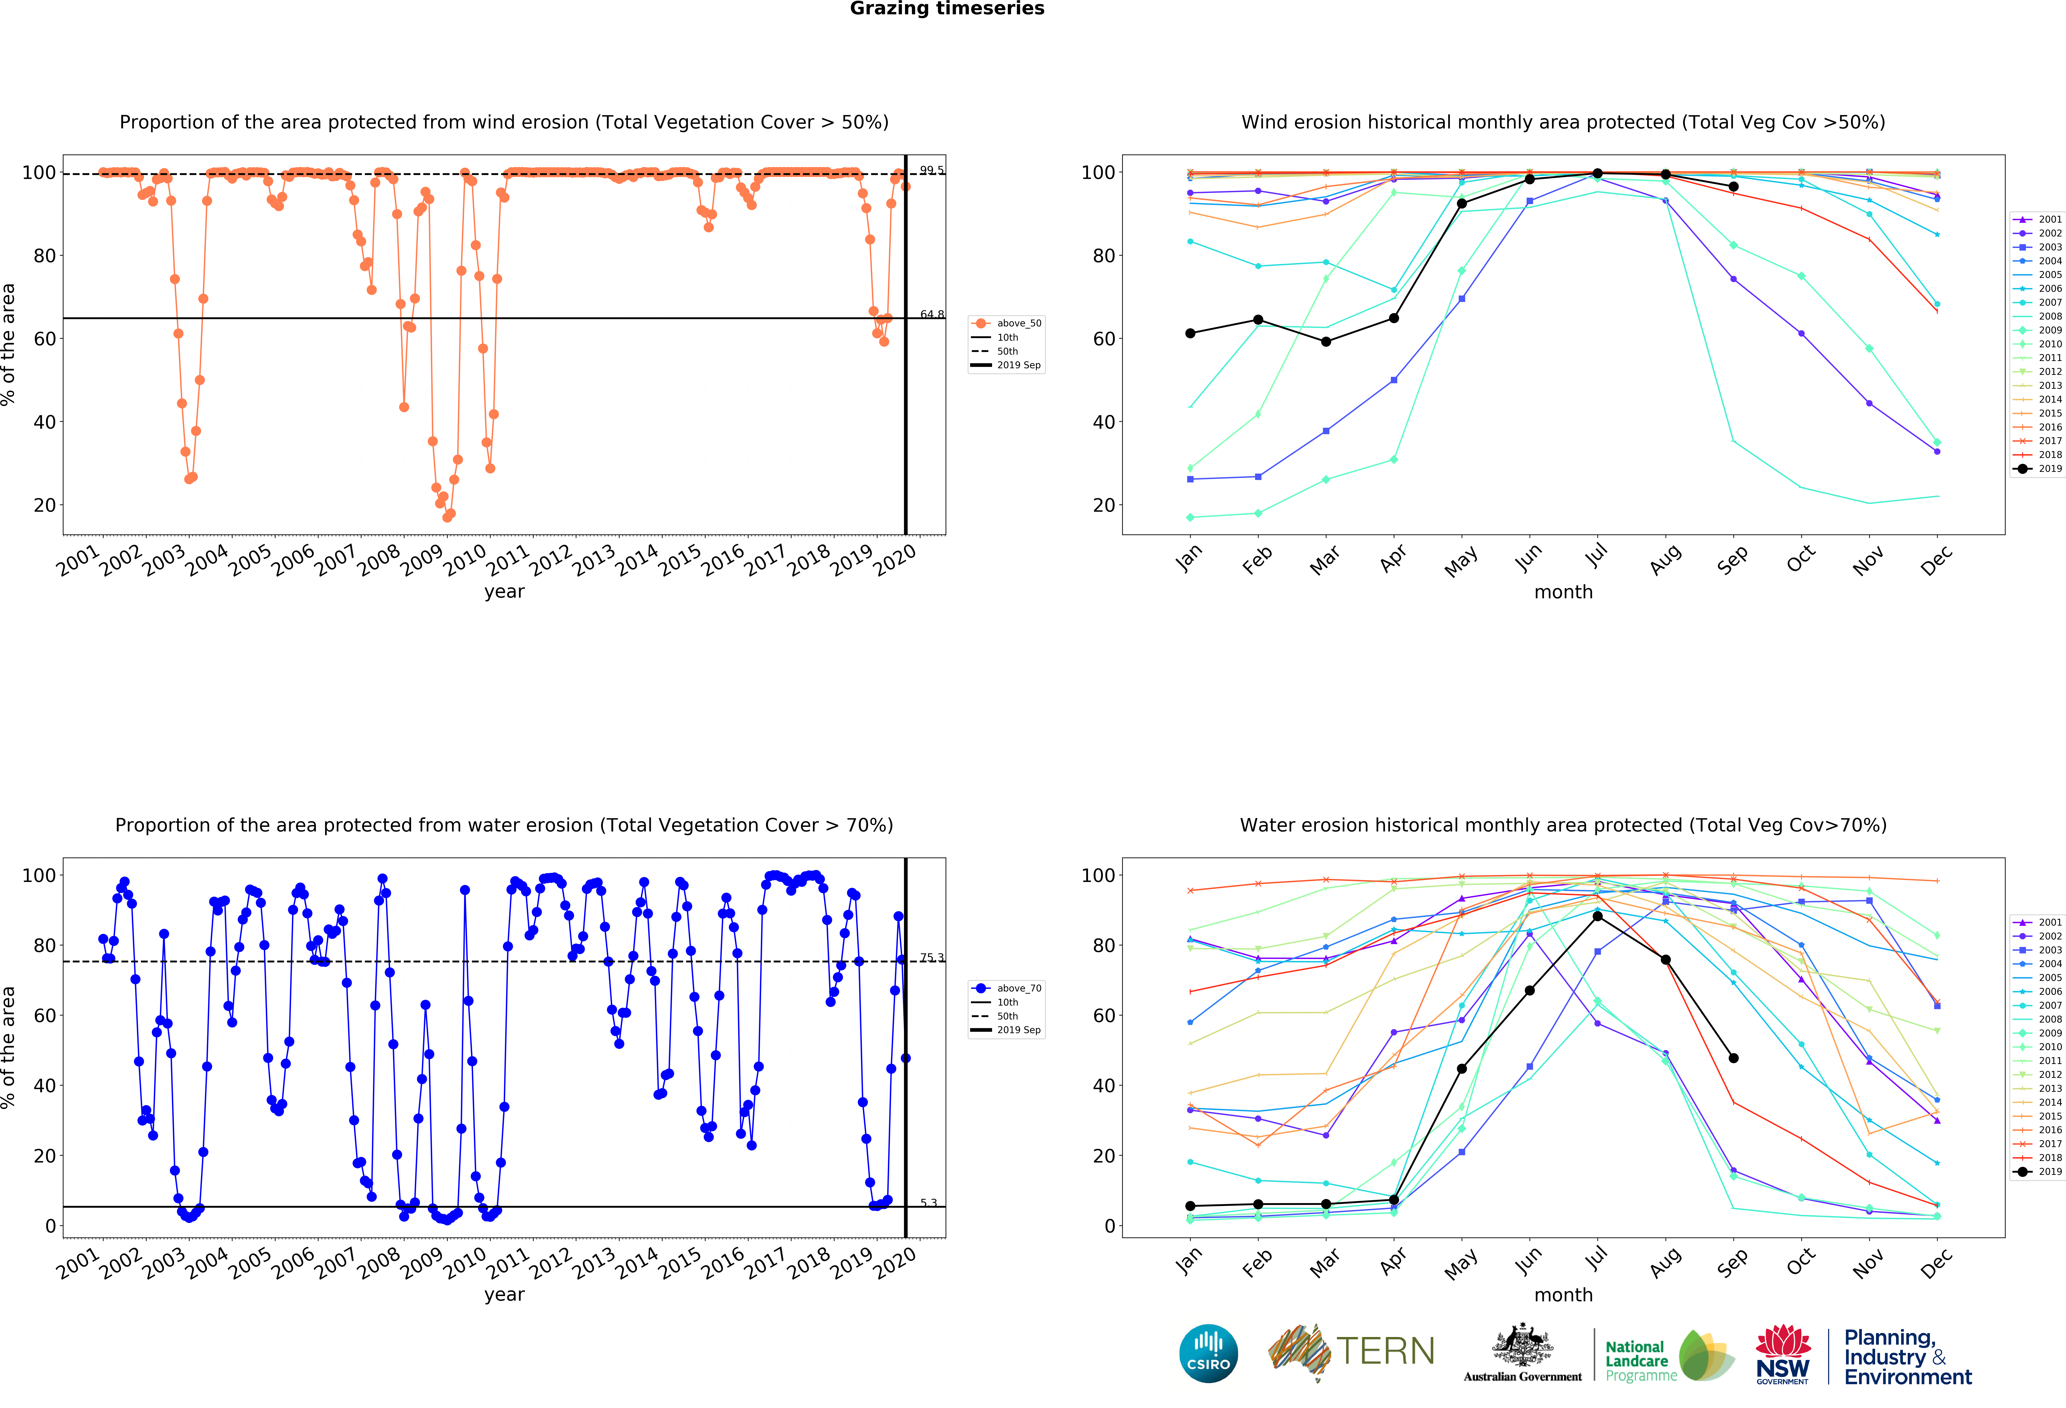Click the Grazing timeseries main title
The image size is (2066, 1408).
coord(947,9)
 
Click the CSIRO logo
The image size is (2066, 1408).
coord(1208,1354)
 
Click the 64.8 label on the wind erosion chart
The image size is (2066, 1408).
coord(932,315)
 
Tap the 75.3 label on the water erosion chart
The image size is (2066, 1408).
coord(932,957)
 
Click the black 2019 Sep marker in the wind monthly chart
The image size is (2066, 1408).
coord(1734,187)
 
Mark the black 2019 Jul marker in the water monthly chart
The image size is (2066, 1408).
coord(1598,916)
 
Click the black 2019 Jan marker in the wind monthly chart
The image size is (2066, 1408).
coord(1190,333)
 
